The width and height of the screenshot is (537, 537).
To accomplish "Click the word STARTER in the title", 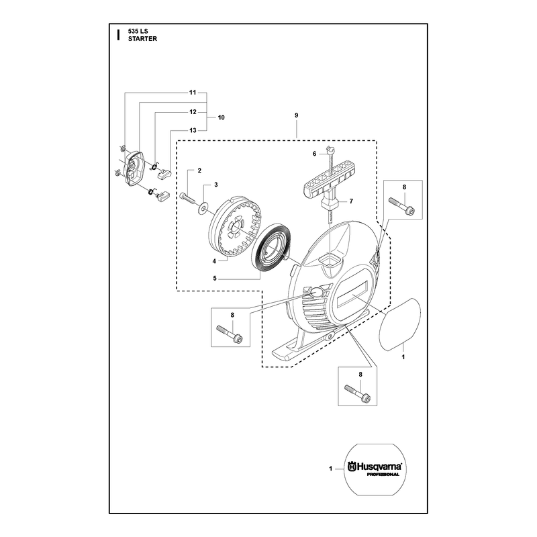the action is click(x=142, y=39).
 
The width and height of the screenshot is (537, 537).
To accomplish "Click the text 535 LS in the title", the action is click(x=138, y=31).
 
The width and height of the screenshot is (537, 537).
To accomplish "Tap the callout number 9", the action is click(x=297, y=115).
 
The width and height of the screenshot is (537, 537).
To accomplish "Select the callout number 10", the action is click(x=222, y=117).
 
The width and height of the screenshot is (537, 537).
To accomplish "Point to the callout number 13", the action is click(x=193, y=130).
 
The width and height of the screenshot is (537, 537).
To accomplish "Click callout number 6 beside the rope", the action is click(x=314, y=154).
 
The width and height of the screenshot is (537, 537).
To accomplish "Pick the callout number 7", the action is click(x=351, y=201).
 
